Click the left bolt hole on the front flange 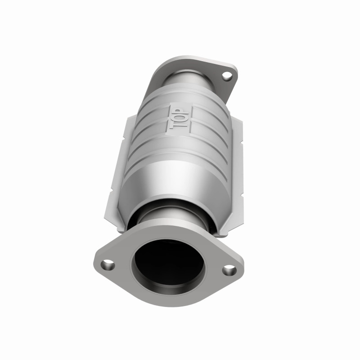point(107,265)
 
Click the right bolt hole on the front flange point(229,270)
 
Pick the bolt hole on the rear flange point(227,77)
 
